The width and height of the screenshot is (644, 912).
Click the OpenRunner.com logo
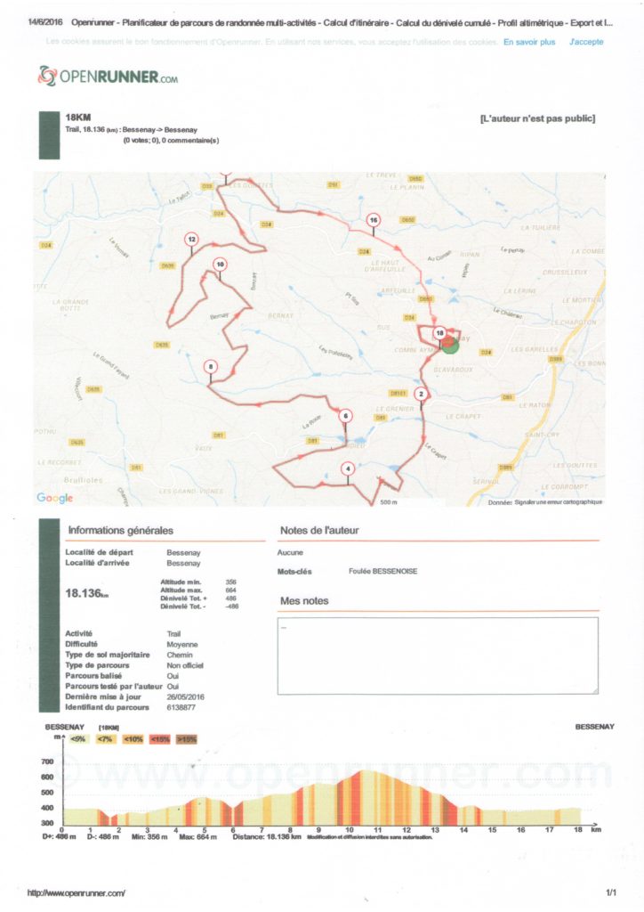[108, 77]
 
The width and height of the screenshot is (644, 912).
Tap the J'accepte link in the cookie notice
[586, 42]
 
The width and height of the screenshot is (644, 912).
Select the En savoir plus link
[528, 42]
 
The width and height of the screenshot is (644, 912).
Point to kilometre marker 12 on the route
[191, 239]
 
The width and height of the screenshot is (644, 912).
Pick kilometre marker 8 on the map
[210, 366]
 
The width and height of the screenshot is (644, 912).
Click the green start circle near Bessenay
[451, 343]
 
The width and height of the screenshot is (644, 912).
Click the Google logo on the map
[54, 497]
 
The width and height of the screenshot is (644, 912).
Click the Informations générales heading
[121, 531]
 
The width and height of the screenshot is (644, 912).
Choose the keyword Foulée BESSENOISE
[383, 571]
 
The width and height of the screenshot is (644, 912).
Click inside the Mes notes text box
[438, 655]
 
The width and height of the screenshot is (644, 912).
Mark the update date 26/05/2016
[186, 696]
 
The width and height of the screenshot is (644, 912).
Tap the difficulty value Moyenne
[182, 644]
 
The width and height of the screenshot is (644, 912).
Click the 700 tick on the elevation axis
[47, 762]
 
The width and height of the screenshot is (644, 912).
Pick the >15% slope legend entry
[187, 739]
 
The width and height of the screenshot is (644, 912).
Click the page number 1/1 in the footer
[611, 892]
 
